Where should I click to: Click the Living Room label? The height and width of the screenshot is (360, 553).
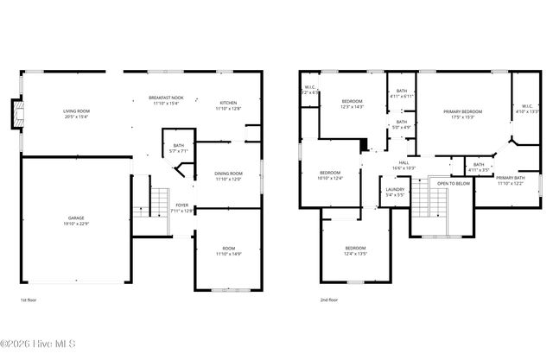76,114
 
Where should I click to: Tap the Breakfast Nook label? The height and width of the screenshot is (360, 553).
166,100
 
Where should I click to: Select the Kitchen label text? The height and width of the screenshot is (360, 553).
228,105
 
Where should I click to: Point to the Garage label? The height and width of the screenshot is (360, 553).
77,221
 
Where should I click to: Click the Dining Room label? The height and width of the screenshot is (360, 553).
228,176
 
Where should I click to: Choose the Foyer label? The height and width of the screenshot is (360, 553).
182,207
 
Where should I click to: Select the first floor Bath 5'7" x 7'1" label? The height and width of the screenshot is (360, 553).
178,148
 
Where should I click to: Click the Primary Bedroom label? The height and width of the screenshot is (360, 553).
462,114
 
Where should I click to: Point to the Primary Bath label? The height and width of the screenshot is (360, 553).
510,180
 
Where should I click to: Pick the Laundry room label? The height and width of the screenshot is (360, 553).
396,192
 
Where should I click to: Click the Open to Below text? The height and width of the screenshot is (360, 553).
454,183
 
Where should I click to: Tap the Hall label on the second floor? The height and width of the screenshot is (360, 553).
404,166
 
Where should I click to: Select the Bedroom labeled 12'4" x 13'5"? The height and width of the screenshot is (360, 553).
355,251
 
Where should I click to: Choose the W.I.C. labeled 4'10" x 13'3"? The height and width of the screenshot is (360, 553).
527,110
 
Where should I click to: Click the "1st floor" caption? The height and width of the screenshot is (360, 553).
29,300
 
